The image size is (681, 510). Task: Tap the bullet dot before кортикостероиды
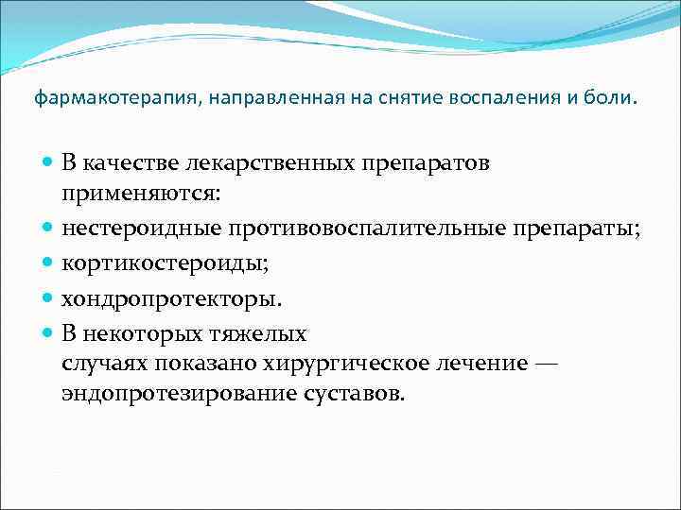coord(48,264)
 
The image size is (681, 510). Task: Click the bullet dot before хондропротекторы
coord(48,299)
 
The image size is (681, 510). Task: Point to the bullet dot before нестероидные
coord(48,228)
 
